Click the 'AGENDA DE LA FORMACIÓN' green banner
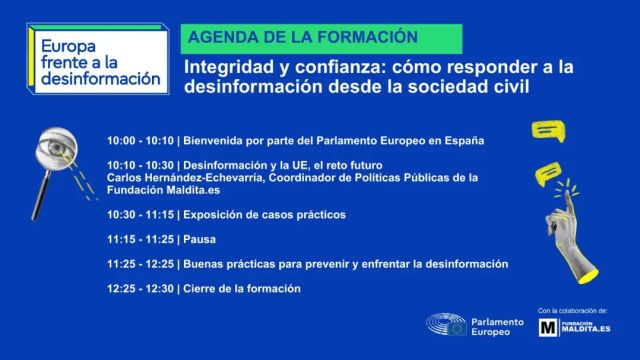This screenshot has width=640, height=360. click(320, 38)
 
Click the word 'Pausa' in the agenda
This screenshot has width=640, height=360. click(199, 239)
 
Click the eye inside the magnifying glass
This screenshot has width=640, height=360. click(57, 147)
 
